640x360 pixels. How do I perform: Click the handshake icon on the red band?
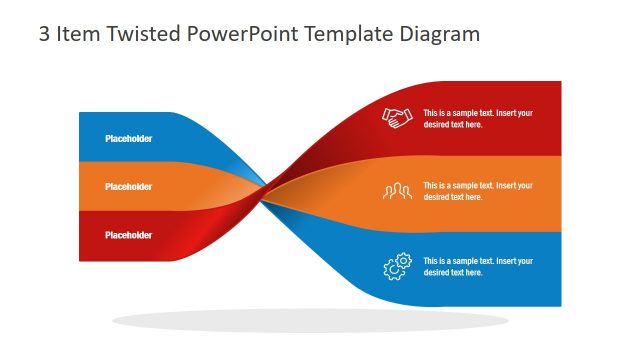pos(397,118)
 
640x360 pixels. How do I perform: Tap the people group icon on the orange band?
pos(397,191)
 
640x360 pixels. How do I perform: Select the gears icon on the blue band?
pos(397,266)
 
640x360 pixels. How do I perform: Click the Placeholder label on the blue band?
pos(128,139)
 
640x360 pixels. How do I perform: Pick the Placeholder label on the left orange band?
pos(128,187)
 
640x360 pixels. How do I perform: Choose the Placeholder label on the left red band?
pos(128,235)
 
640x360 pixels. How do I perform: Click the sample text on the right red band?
pos(477,119)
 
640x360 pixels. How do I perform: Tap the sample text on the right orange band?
pos(477,191)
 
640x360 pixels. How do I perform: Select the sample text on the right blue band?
pos(477,266)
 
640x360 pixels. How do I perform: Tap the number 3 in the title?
pos(44,34)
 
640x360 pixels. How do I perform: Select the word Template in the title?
pos(346,34)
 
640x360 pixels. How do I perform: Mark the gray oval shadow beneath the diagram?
pos(309,321)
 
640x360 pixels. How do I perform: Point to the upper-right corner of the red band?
pos(560,83)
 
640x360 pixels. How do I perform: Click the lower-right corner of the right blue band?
pos(560,304)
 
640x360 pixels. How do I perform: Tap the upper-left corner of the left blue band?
pos(81,114)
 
